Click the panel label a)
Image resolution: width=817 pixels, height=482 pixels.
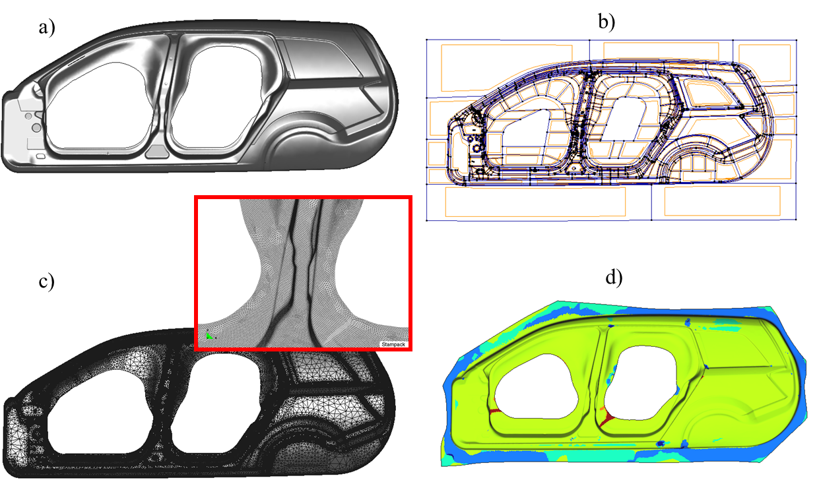tap(47, 28)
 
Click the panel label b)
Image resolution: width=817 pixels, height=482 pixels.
tap(606, 22)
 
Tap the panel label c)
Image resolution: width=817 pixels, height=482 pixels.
tap(46, 282)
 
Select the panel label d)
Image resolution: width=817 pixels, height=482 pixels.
tap(614, 278)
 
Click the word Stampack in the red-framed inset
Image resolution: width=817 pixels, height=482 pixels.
tap(393, 344)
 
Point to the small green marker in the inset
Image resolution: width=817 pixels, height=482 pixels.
tap(209, 336)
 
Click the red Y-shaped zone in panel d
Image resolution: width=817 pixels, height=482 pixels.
tap(607, 418)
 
